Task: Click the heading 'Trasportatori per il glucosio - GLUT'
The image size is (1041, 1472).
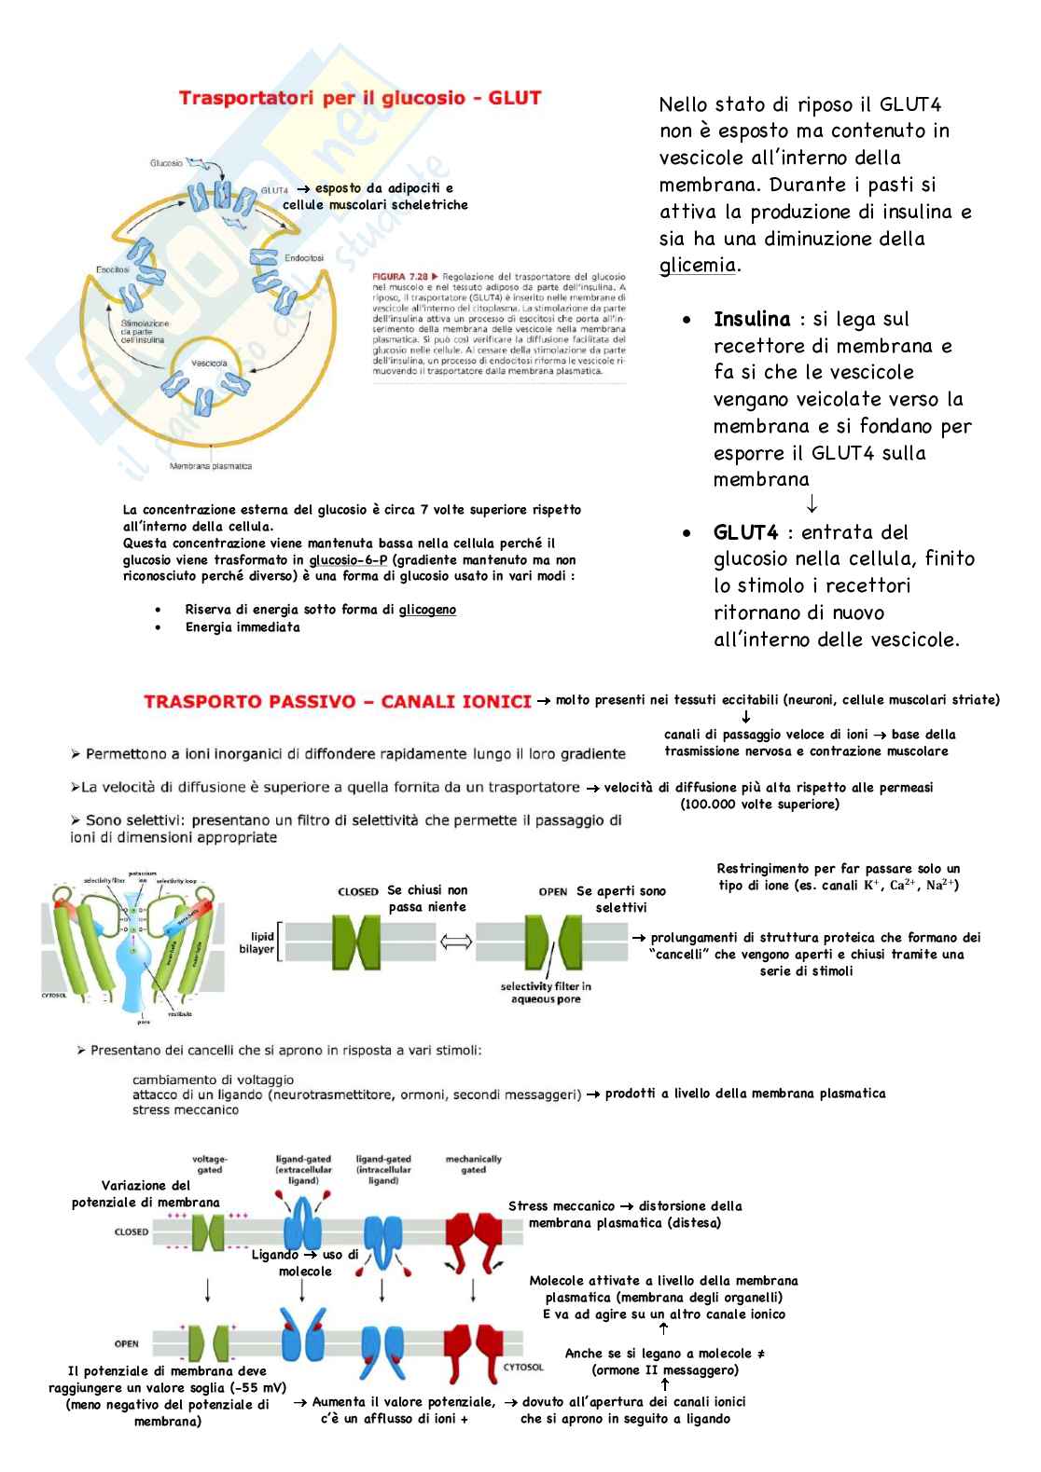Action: click(359, 99)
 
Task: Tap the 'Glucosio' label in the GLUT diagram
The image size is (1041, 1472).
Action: click(166, 163)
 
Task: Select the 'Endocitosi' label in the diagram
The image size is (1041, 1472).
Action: click(304, 257)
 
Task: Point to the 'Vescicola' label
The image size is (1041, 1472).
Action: click(209, 363)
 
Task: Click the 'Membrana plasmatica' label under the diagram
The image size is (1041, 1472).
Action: click(210, 466)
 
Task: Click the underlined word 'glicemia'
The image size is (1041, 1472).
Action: click(698, 266)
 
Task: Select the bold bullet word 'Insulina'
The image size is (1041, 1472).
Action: click(752, 320)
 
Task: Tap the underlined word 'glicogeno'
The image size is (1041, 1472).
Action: click(427, 610)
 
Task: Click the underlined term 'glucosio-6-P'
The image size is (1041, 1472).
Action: click(348, 560)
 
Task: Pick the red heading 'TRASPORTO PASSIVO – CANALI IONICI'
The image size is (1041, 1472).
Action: click(338, 702)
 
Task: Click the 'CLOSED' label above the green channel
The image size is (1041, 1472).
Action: click(358, 892)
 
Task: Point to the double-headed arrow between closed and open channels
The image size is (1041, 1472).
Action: click(456, 942)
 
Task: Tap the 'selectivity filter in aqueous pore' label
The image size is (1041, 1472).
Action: click(546, 993)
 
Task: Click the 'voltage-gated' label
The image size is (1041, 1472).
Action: click(210, 1164)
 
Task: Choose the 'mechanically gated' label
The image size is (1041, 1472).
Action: click(473, 1164)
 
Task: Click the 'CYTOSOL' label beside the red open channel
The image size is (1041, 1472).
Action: click(523, 1367)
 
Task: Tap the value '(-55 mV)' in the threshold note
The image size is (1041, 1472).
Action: click(254, 1388)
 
